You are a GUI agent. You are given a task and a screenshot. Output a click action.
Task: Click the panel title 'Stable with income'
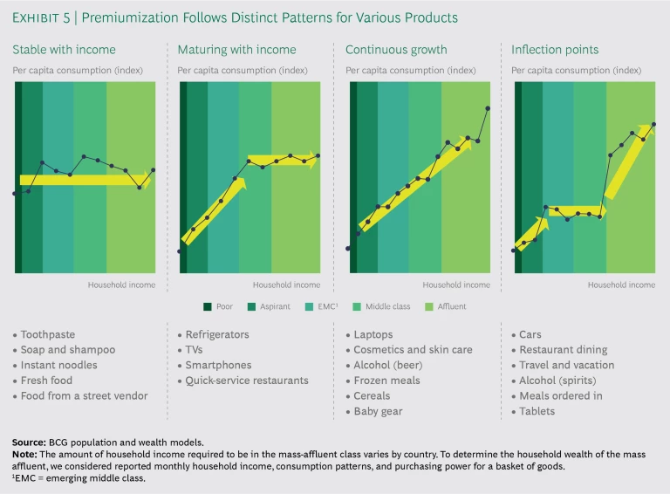(64, 50)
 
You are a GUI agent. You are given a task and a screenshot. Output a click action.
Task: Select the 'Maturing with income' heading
(236, 50)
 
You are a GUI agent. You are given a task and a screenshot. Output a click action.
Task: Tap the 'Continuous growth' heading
(396, 50)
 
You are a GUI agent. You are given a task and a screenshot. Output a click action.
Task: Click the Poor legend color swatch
(208, 307)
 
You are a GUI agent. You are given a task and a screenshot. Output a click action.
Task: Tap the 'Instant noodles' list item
(58, 365)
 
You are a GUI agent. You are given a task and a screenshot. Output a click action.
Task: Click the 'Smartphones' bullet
(220, 365)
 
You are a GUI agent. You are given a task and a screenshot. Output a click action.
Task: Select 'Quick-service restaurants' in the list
(247, 381)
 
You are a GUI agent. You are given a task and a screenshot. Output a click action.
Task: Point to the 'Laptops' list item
(373, 334)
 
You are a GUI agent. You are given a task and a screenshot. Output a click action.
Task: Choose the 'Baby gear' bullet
(379, 411)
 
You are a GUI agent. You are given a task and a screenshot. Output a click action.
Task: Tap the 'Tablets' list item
(537, 411)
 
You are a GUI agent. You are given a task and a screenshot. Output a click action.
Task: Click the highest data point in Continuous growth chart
(488, 108)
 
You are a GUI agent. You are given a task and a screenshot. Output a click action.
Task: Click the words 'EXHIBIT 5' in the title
(39, 17)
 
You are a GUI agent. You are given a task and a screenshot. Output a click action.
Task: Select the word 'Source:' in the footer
(29, 443)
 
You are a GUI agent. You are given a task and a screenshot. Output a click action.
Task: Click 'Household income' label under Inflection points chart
(621, 285)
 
